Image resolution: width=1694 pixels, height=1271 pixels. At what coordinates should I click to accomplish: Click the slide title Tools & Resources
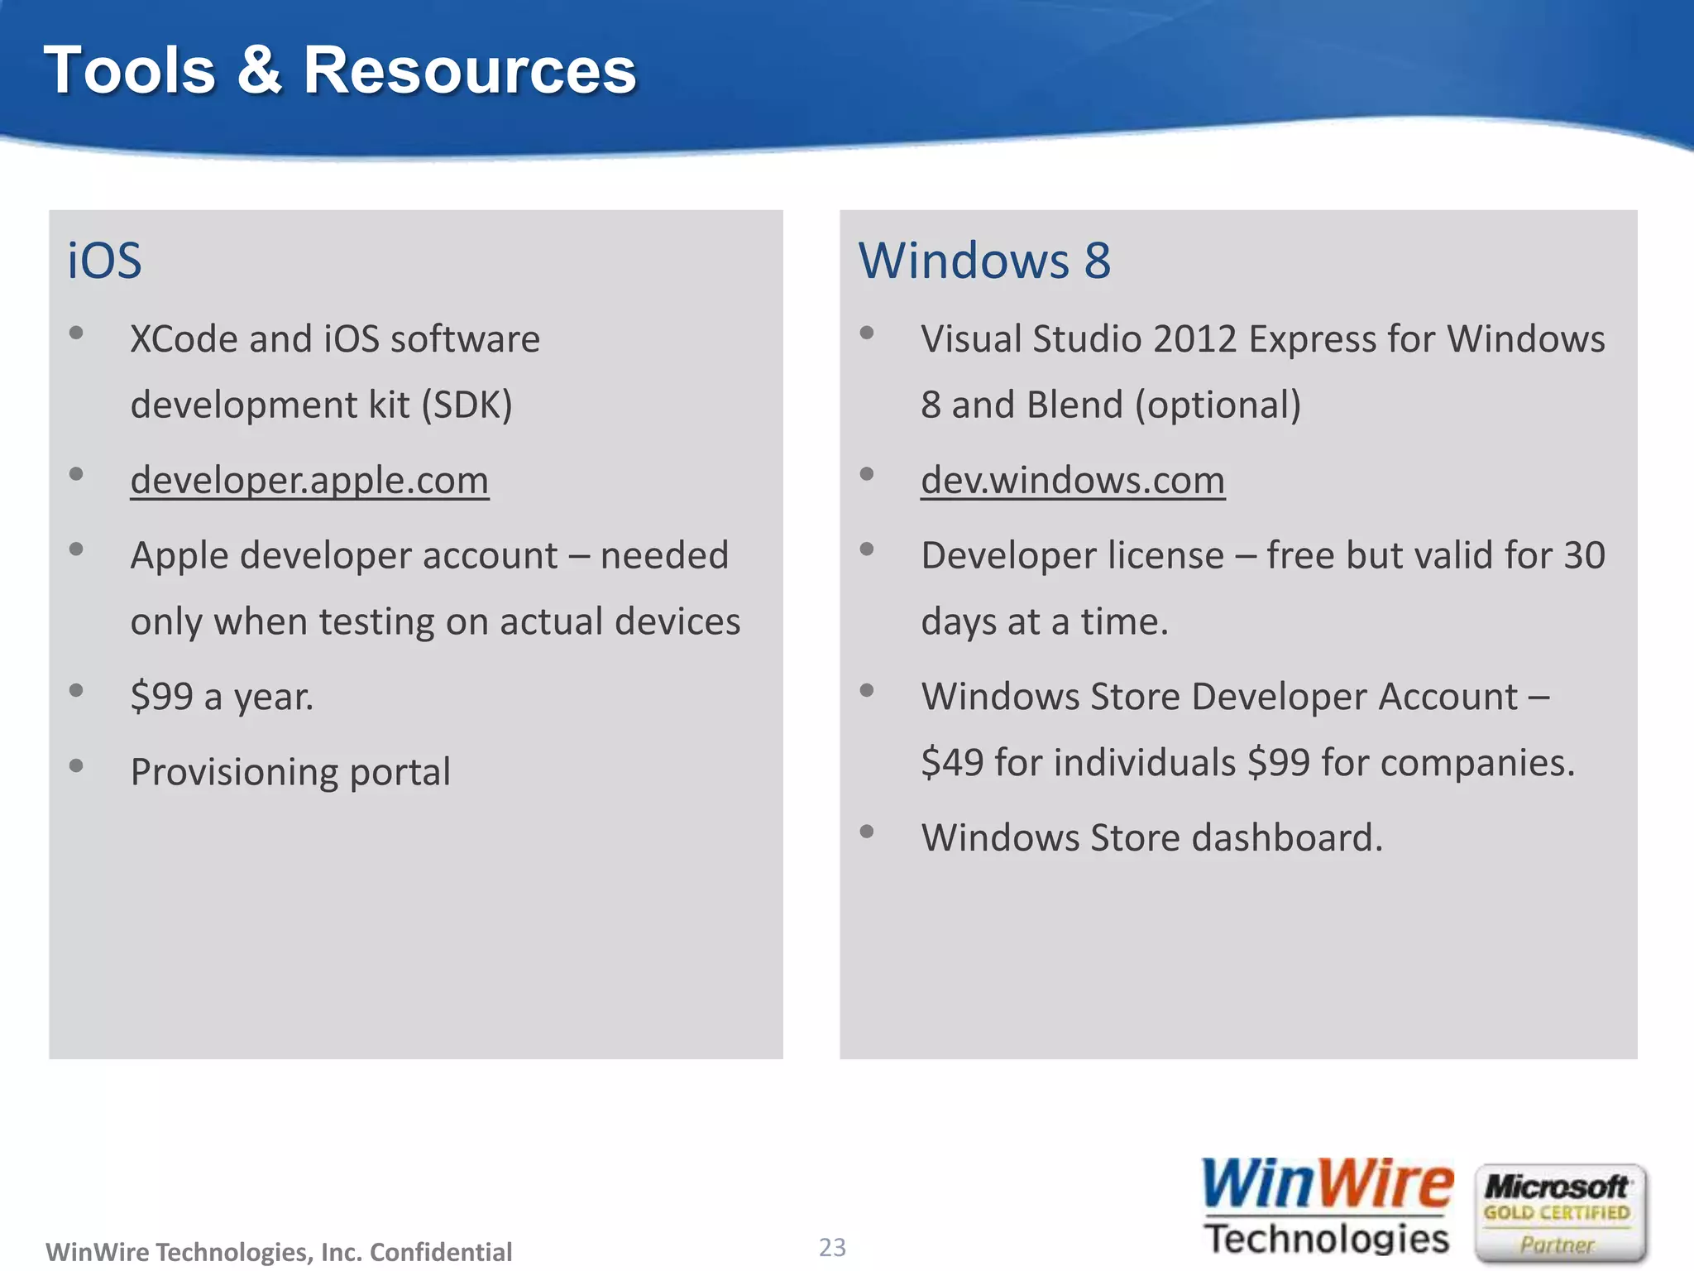click(339, 71)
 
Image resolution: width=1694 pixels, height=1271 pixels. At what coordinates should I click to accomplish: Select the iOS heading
click(104, 261)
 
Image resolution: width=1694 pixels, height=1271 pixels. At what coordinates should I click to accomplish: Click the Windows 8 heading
click(984, 261)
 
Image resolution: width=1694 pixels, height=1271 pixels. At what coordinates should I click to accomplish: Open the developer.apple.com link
click(309, 480)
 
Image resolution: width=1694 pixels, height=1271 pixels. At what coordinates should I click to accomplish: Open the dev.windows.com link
click(1073, 480)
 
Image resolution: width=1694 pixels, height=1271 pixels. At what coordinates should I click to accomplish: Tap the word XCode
click(184, 339)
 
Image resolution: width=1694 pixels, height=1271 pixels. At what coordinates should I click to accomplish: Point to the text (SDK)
click(467, 405)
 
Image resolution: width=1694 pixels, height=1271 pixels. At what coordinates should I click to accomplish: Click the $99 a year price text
click(222, 697)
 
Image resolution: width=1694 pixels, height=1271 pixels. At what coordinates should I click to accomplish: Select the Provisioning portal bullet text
click(290, 772)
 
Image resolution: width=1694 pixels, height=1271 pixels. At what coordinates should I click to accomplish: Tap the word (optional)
click(1218, 405)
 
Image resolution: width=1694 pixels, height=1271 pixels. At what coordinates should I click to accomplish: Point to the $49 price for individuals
click(952, 762)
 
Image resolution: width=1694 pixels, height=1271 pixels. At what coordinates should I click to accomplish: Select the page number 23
click(832, 1247)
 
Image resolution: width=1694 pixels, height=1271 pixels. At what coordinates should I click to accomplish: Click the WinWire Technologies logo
click(1327, 1207)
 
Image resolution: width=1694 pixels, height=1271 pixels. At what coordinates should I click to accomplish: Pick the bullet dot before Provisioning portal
click(76, 765)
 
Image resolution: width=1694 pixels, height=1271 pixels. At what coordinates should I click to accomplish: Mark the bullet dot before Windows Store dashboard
click(867, 832)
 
